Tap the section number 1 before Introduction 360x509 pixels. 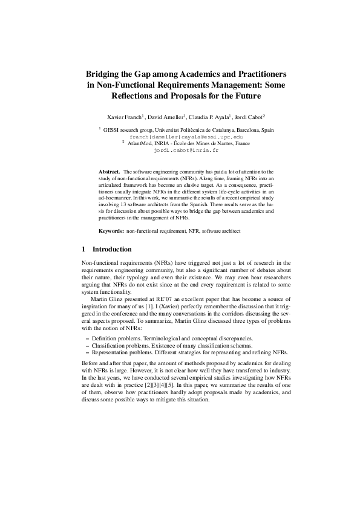coord(83,249)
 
